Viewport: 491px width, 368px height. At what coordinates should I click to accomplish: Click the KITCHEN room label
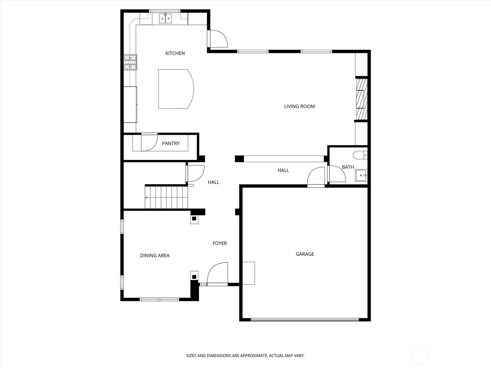tap(175, 53)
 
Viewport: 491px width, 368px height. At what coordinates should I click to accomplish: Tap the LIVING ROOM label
tap(299, 106)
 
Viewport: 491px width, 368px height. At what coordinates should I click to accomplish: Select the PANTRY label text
tap(171, 144)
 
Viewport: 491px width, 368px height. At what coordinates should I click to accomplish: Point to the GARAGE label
tap(305, 254)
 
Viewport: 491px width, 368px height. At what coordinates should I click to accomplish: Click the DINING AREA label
tap(155, 255)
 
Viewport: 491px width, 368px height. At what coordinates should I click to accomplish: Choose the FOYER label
tap(220, 243)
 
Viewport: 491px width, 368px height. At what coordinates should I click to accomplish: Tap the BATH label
tap(348, 167)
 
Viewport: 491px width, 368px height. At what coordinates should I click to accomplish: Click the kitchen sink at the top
tap(166, 19)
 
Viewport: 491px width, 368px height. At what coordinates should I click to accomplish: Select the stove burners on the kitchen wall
tap(130, 62)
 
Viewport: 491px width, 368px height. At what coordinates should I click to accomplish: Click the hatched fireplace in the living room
tap(361, 99)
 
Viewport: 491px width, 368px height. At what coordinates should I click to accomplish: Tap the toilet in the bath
tap(360, 155)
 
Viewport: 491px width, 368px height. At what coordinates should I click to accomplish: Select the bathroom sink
tap(361, 175)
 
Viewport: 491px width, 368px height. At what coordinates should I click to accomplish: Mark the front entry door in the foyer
tap(217, 274)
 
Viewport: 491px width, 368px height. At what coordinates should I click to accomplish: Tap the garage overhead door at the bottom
tap(305, 320)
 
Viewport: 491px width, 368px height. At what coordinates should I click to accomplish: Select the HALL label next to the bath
tap(283, 170)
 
